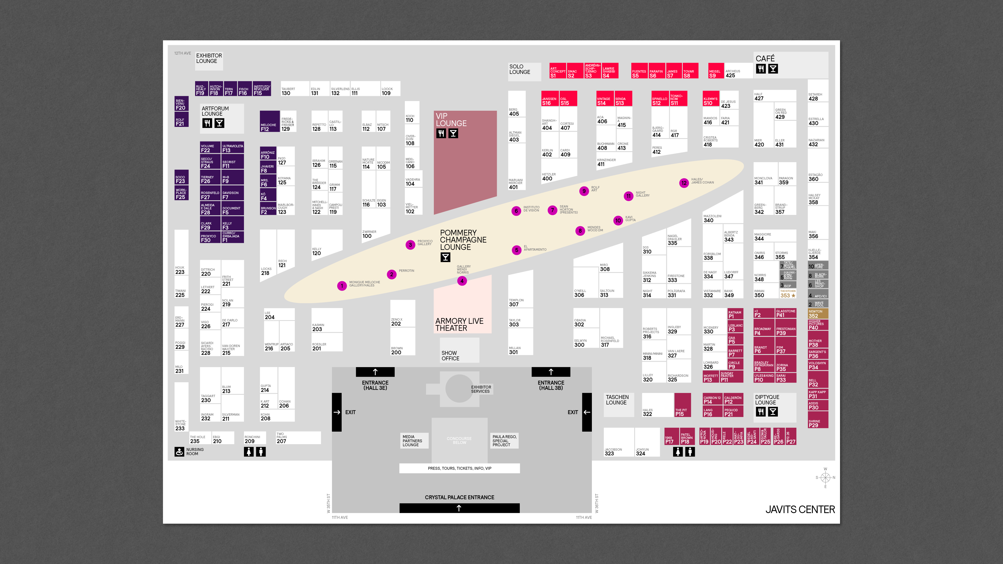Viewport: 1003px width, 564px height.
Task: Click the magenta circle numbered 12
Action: (x=684, y=183)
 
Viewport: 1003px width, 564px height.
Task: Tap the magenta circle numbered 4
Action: (x=462, y=281)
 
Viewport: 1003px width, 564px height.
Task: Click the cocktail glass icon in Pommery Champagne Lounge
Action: (x=445, y=257)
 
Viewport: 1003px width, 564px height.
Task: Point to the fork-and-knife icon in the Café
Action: (x=761, y=69)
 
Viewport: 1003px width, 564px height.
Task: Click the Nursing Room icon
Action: (x=179, y=451)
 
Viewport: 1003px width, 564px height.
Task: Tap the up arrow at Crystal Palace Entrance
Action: (x=459, y=508)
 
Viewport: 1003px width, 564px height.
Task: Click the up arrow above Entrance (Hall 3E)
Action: (x=375, y=372)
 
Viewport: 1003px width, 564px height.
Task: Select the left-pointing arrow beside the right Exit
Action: (x=587, y=412)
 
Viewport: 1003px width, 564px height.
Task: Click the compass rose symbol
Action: (x=825, y=478)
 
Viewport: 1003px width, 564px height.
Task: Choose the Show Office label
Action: (x=450, y=355)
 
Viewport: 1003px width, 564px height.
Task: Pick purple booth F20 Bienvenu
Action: (x=181, y=104)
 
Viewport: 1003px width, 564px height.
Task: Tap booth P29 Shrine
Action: (x=818, y=421)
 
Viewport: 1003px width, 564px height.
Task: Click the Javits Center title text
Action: (x=800, y=509)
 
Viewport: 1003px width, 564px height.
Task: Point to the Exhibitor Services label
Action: (x=481, y=389)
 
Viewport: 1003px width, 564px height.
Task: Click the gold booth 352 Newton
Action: (x=818, y=314)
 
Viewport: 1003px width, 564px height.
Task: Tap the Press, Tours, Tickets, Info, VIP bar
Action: (x=459, y=468)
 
